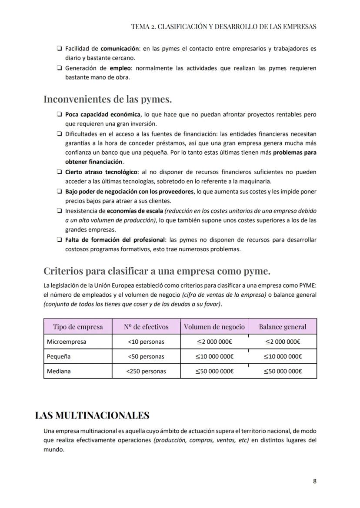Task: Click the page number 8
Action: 314,481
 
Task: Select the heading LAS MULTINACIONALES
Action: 92,415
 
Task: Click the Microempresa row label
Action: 67,342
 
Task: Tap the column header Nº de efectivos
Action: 146,327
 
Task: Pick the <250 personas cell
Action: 146,371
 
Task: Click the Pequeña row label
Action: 59,356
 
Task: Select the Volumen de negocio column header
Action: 214,327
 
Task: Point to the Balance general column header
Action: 283,327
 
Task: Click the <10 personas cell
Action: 146,342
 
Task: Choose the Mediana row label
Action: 59,371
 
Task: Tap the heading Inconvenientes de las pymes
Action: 107,99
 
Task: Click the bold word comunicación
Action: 120,49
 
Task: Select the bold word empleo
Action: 120,68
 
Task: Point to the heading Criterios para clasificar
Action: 157,271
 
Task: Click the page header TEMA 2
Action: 223,27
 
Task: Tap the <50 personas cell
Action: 146,356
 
